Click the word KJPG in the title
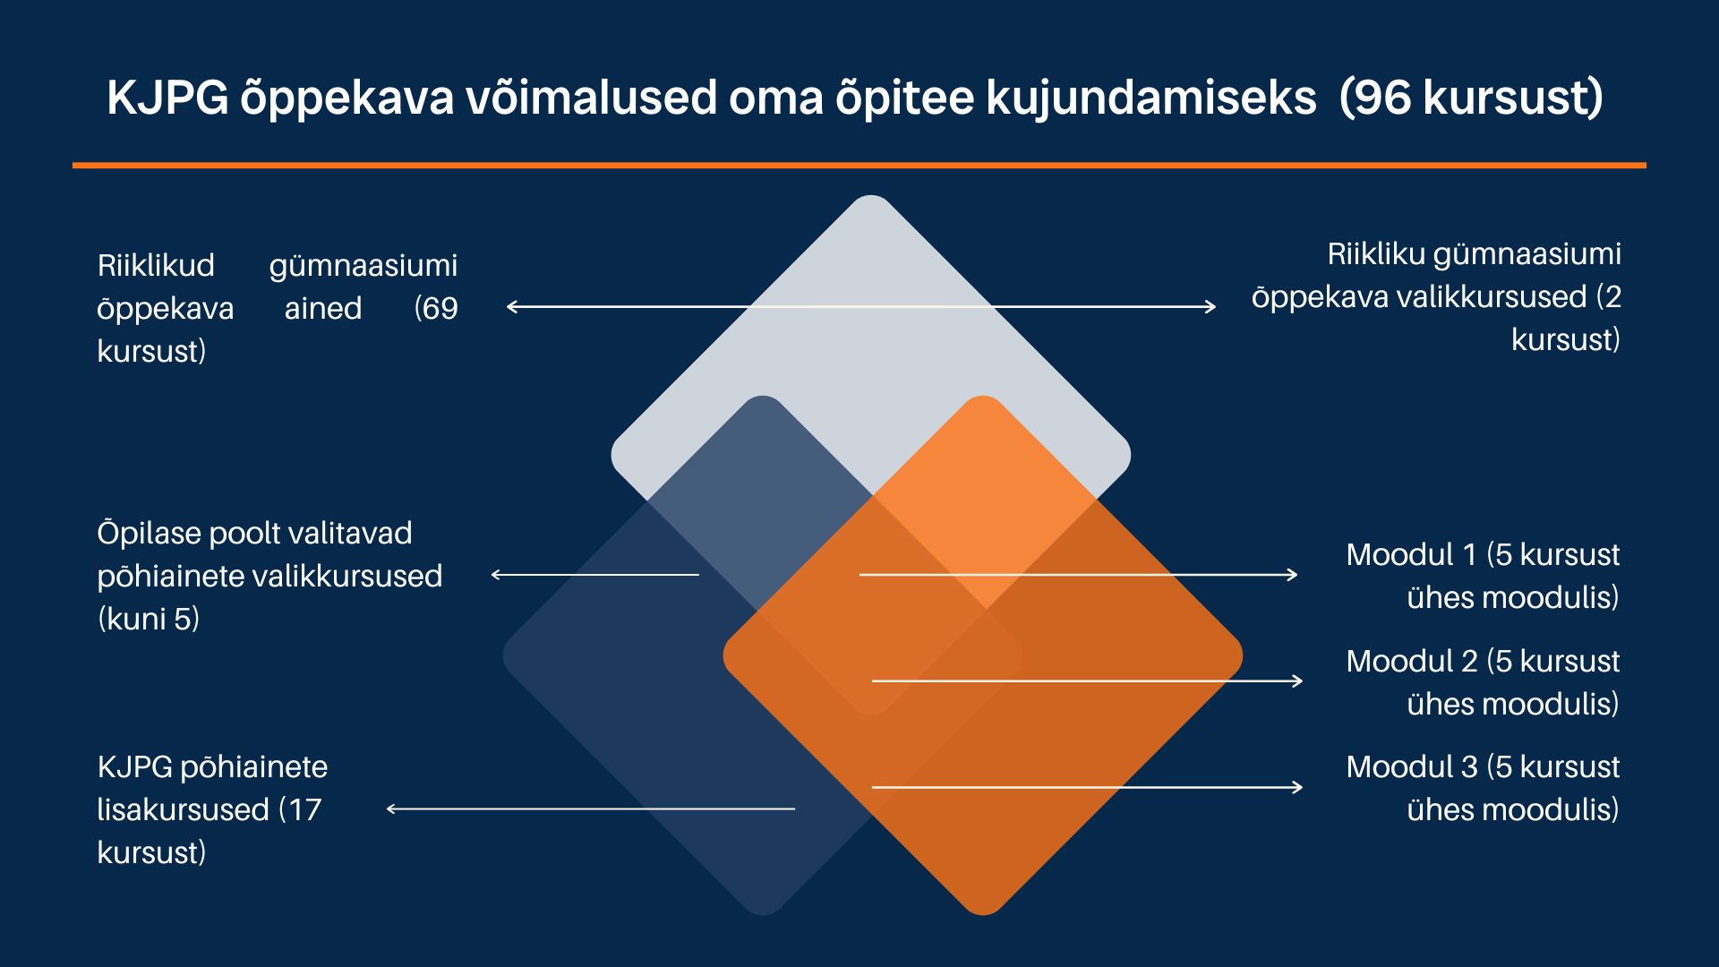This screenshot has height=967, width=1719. pyautogui.click(x=167, y=97)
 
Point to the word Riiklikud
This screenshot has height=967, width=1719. pyautogui.click(x=156, y=265)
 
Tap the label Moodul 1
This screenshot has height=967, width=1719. pyautogui.click(x=1411, y=554)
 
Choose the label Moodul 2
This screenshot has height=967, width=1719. pyautogui.click(x=1412, y=661)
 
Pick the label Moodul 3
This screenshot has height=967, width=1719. pyautogui.click(x=1412, y=766)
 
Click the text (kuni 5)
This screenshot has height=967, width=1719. pyautogui.click(x=149, y=619)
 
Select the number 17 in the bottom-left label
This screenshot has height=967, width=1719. pyautogui.click(x=304, y=809)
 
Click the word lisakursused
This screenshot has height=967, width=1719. pyautogui.click(x=184, y=809)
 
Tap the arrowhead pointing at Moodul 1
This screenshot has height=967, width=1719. pyautogui.click(x=1292, y=575)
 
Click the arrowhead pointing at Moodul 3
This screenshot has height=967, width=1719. pyautogui.click(x=1297, y=787)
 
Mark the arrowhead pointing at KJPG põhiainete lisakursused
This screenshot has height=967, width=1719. pyautogui.click(x=392, y=809)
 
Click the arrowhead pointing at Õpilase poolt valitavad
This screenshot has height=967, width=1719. pyautogui.click(x=498, y=575)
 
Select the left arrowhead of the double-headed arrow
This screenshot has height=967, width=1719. pyautogui.click(x=513, y=306)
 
